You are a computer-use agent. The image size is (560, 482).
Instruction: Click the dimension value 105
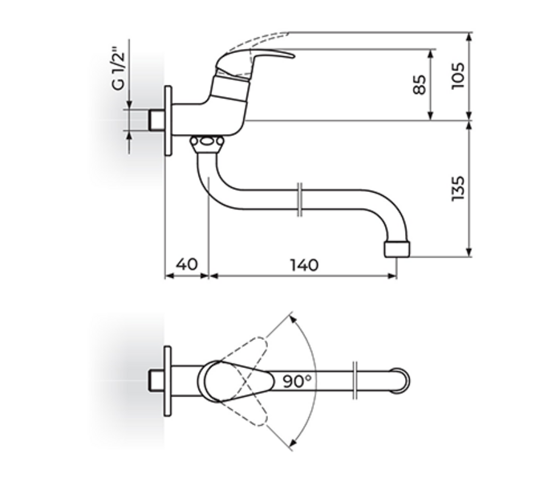(459, 76)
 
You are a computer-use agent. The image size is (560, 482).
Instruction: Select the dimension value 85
(420, 84)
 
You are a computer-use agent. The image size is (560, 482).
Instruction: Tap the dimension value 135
(459, 189)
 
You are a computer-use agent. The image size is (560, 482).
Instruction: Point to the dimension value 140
(302, 264)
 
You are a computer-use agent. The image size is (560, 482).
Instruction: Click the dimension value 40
(186, 264)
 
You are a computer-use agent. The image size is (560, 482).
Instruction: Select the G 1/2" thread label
(118, 70)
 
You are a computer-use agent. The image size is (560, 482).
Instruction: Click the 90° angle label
(296, 381)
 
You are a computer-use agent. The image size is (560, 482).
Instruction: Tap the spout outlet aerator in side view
(398, 247)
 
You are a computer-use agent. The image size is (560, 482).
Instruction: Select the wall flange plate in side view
(168, 120)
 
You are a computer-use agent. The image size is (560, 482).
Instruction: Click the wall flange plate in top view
(168, 381)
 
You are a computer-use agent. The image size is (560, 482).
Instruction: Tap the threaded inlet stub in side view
(156, 120)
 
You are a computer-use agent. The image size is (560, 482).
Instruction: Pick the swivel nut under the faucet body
(207, 144)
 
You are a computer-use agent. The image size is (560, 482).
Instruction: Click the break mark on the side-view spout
(299, 199)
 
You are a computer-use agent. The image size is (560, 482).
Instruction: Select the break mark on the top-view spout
(355, 381)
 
